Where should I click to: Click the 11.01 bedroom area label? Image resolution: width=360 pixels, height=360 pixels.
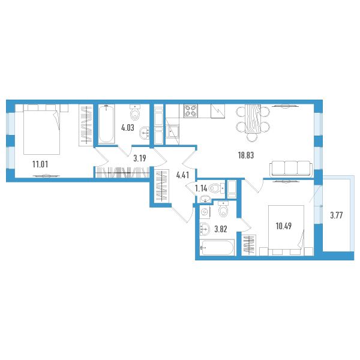[40, 164]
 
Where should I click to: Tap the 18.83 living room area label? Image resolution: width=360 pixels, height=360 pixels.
[245, 155]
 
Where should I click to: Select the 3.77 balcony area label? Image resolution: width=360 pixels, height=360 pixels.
[337, 215]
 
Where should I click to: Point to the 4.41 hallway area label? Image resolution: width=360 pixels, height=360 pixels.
[182, 175]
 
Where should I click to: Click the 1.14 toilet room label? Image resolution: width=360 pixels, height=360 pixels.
[201, 189]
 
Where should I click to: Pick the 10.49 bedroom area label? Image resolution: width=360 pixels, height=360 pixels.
[284, 226]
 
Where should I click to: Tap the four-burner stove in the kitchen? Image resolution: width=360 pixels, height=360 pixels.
[191, 111]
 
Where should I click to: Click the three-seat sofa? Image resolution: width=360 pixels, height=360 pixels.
[291, 169]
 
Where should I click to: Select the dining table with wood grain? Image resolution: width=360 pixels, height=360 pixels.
[253, 119]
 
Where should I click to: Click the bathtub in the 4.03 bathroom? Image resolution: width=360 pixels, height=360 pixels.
[107, 124]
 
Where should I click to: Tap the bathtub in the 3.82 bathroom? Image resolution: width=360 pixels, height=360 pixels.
[217, 247]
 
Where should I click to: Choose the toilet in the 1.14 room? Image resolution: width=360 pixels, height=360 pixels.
[217, 188]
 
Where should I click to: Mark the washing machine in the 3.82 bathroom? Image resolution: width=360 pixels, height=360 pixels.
[205, 212]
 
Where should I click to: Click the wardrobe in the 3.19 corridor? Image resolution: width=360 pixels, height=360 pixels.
[122, 172]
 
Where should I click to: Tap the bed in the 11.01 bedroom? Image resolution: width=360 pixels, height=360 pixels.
[42, 129]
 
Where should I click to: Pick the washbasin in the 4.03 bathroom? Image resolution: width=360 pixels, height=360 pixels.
[145, 133]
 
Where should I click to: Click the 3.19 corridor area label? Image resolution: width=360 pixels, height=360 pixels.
[140, 158]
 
